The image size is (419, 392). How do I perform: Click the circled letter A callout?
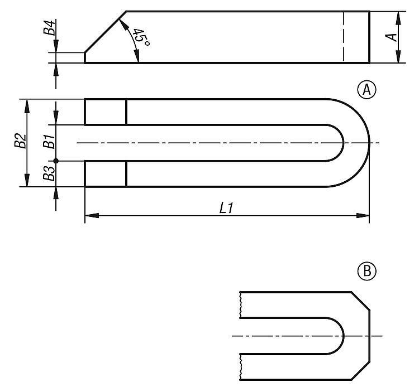366,90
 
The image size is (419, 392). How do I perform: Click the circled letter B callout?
366,271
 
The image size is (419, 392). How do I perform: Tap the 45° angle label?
141,37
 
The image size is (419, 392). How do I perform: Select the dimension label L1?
227,208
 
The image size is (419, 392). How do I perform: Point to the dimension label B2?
20,141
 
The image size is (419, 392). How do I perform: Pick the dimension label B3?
49,173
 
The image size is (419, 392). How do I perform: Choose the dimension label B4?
50,27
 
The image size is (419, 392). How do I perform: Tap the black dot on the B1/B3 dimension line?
56,161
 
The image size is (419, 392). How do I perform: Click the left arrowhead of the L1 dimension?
92,215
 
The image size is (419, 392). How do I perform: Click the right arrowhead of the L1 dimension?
363,215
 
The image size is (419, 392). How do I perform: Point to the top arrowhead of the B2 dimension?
27,106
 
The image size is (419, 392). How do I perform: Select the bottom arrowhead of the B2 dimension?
27,180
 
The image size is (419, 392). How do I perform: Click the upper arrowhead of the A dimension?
398,18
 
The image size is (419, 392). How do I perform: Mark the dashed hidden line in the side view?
344,37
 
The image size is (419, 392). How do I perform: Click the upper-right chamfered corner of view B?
360,301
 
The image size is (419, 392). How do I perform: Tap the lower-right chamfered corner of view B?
360,371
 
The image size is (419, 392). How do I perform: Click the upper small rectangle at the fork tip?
106,112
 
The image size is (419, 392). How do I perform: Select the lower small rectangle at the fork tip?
106,173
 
